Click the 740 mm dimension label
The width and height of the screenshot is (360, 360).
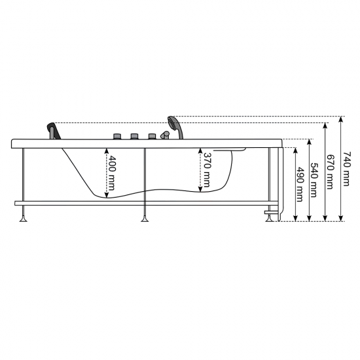(346, 169)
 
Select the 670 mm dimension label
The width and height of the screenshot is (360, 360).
(330, 172)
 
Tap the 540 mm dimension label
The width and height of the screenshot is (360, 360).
(314, 180)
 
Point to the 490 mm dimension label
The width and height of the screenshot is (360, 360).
(300, 185)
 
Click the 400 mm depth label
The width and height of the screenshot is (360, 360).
(112, 173)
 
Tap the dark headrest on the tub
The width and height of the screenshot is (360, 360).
(54, 131)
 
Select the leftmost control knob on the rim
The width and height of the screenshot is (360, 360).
(118, 136)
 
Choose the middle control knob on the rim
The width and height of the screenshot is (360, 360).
(135, 136)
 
